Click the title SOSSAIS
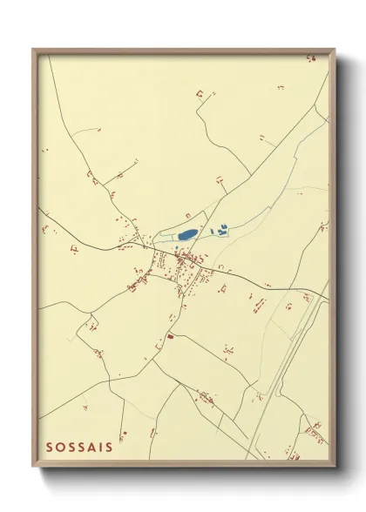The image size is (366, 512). tap(78, 447)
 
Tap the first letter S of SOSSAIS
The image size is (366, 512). tap(50, 447)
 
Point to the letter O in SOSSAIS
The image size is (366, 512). tap(60, 447)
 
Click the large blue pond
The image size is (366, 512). tap(186, 234)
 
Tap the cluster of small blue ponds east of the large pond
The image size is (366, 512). tap(222, 229)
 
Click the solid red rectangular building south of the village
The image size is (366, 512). tap(171, 335)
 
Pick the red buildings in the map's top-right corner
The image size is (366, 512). tap(310, 58)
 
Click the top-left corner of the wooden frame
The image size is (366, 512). tap(34, 50)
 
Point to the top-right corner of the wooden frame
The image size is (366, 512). tap(334, 51)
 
